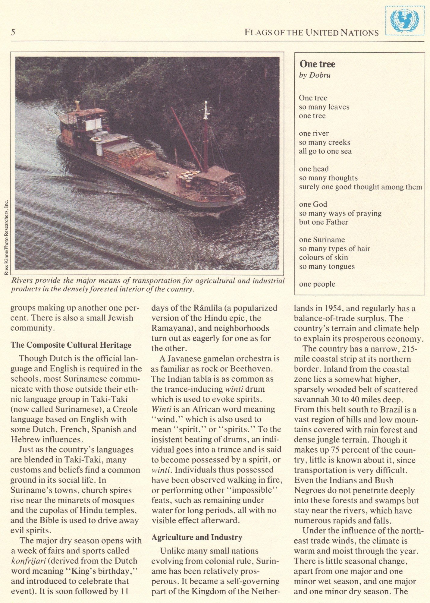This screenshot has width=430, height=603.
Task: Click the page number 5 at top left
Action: [x=13, y=32]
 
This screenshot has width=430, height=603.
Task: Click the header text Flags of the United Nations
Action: [x=312, y=33]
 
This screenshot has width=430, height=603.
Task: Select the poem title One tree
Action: [x=317, y=64]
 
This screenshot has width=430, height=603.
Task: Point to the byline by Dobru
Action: [x=315, y=75]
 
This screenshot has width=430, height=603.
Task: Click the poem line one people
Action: [x=317, y=284]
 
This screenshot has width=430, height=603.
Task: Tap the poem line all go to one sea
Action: [x=325, y=151]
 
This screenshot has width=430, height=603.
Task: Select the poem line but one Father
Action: [x=323, y=222]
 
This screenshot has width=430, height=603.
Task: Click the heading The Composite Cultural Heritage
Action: [x=71, y=345]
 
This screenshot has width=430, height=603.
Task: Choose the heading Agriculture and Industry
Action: [x=197, y=537]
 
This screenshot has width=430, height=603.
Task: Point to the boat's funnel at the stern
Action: [x=78, y=106]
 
